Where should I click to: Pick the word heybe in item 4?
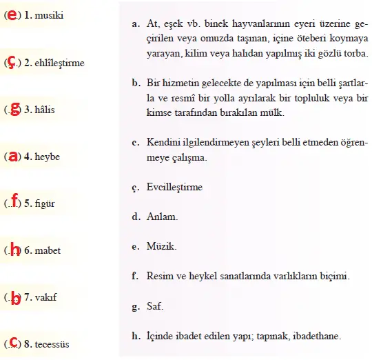(48, 157)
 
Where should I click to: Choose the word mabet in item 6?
(48, 250)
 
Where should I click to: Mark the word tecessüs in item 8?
(54, 344)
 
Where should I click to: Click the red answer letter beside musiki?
(12, 14)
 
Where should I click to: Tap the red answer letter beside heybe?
(12, 156)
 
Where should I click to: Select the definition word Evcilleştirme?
(175, 187)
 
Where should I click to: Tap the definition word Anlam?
(163, 217)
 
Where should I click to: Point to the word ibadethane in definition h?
(317, 337)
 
